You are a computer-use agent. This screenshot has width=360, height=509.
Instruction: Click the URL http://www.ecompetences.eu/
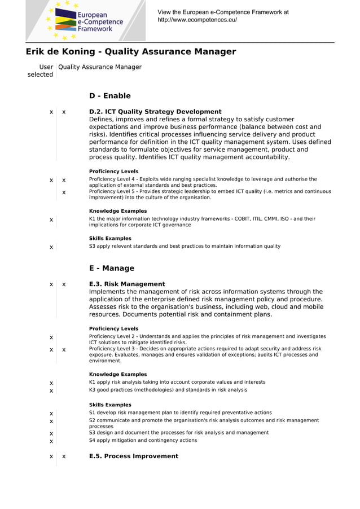[x=197, y=20]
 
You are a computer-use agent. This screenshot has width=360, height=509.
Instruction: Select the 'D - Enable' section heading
[x=109, y=96]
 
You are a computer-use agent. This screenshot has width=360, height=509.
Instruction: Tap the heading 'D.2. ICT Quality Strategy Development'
[x=155, y=112]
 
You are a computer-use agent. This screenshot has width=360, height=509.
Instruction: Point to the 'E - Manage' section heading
[x=112, y=268]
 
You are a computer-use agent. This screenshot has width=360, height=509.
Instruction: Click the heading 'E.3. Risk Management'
[x=127, y=284]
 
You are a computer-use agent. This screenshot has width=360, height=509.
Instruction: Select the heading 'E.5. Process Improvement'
[x=133, y=456]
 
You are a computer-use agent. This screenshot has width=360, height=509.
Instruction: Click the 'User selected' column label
[x=41, y=71]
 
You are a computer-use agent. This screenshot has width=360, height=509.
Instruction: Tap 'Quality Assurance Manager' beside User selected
[x=100, y=67]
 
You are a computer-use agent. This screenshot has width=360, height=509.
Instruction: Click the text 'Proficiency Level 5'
[x=113, y=192]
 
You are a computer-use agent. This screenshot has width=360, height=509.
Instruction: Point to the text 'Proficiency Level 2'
[x=113, y=336]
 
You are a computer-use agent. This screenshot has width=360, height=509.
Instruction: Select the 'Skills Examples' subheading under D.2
[x=110, y=238]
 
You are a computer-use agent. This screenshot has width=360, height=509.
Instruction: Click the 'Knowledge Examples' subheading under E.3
[x=118, y=374]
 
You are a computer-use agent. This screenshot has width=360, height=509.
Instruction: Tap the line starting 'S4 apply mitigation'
[x=143, y=440]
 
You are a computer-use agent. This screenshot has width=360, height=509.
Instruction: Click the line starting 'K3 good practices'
[x=168, y=390]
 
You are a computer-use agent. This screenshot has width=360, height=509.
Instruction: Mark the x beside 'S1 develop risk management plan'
[x=51, y=414]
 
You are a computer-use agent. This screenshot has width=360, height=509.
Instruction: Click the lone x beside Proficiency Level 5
[x=64, y=192]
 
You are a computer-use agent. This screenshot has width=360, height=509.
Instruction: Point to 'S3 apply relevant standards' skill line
[x=185, y=246]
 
